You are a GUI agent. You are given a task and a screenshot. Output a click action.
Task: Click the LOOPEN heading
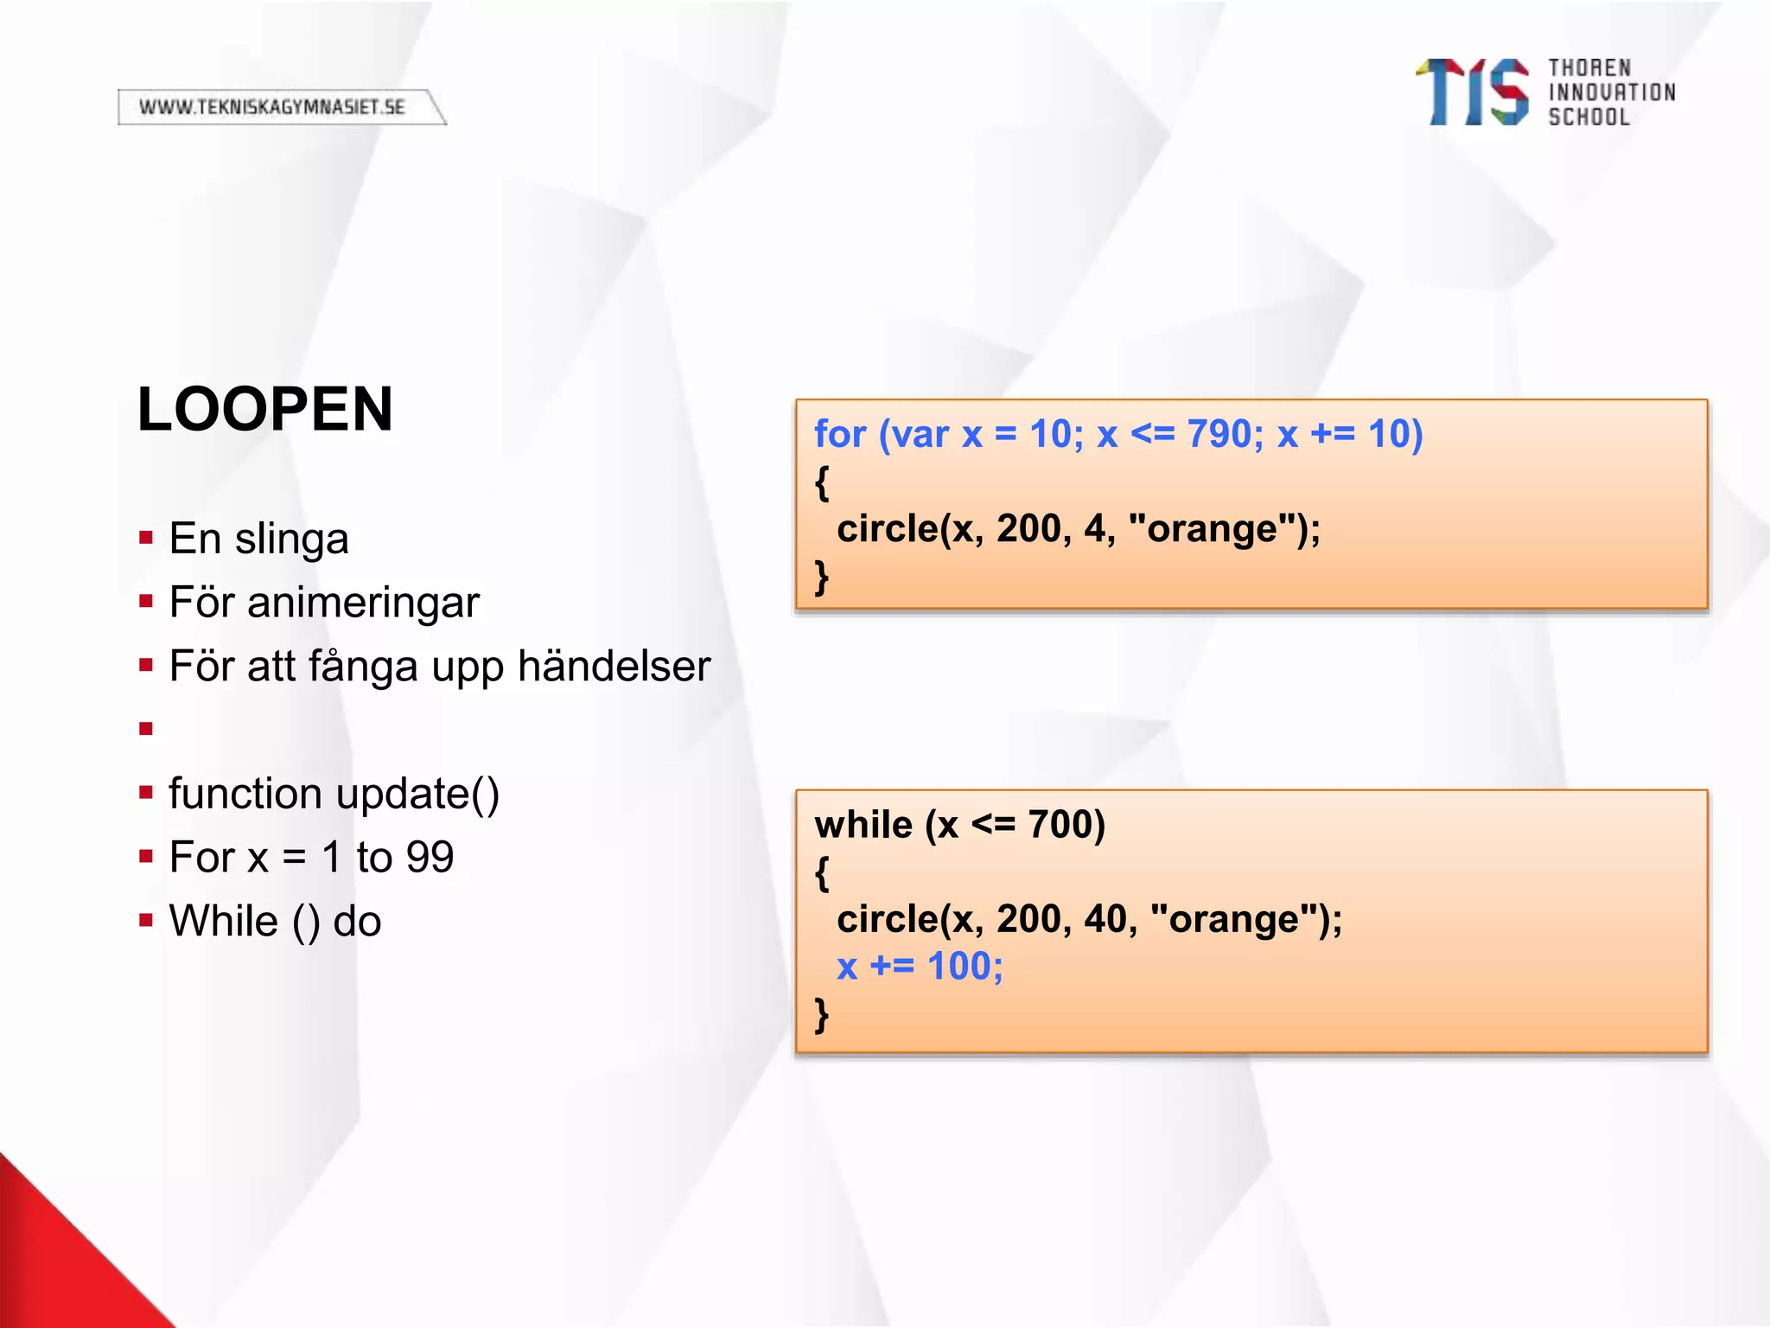[264, 409]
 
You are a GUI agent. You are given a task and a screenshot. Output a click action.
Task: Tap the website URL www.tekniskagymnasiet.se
[272, 107]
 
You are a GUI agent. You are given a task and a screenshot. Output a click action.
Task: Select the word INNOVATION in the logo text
[1611, 93]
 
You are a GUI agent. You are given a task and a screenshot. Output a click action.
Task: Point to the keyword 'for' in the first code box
[839, 434]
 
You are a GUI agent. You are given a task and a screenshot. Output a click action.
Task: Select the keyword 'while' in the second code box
[863, 825]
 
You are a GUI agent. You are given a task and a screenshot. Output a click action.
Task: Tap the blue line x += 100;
[920, 967]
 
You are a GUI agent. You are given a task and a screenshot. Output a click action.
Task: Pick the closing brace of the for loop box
[821, 577]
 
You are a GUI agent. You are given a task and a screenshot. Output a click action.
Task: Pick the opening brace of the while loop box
[821, 873]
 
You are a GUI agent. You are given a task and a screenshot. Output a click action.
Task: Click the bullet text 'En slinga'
[258, 539]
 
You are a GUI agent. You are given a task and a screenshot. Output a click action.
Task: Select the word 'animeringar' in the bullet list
[363, 603]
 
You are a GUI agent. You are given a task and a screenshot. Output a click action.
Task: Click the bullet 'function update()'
[334, 794]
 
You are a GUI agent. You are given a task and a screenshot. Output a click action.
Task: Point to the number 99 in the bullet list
[430, 858]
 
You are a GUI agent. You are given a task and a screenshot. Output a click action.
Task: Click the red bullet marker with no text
[145, 729]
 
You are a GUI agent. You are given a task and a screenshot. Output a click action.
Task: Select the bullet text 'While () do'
[275, 922]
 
